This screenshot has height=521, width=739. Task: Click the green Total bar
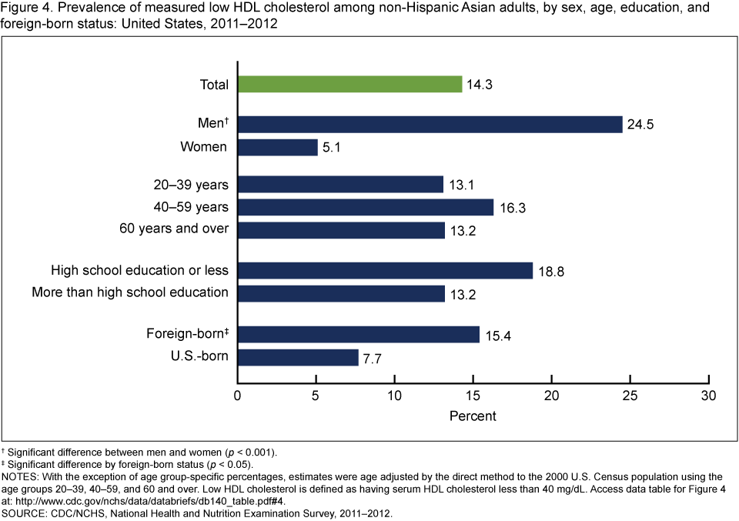pyautogui.click(x=349, y=84)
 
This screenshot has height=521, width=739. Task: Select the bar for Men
pyautogui.click(x=430, y=124)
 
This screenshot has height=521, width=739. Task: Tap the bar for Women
pyautogui.click(x=277, y=147)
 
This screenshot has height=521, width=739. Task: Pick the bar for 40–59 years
pyautogui.click(x=365, y=207)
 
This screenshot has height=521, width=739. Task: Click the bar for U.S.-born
pyautogui.click(x=297, y=357)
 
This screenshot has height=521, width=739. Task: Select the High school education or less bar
pyautogui.click(x=385, y=270)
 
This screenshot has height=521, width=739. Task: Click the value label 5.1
pyautogui.click(x=333, y=148)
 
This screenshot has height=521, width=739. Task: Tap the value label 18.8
pyautogui.click(x=550, y=271)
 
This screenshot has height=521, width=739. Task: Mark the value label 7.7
pyautogui.click(x=373, y=358)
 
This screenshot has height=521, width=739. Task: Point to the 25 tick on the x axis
pyautogui.click(x=630, y=396)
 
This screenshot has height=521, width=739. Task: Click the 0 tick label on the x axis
pyautogui.click(x=237, y=396)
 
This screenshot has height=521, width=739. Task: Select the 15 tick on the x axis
pyautogui.click(x=473, y=396)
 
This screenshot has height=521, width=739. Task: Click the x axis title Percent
pyautogui.click(x=473, y=416)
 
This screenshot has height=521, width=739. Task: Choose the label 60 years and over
pyautogui.click(x=174, y=229)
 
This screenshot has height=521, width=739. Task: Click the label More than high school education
pyautogui.click(x=130, y=292)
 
